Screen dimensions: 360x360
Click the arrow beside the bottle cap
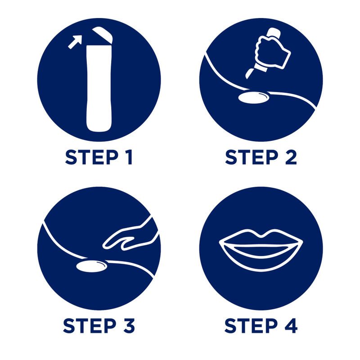[x=75, y=42]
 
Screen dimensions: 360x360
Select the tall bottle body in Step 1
[x=99, y=89]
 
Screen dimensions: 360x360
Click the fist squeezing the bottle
[x=273, y=52]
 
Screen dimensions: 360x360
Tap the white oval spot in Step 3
[x=91, y=266]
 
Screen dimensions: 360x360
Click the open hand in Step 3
[x=130, y=237]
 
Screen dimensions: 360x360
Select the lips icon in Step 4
[x=261, y=250]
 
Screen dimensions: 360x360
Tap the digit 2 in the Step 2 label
[x=291, y=157]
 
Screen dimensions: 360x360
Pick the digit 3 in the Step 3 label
[x=129, y=325]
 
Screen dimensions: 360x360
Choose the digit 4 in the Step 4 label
[x=291, y=325]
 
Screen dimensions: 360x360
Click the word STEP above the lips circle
[x=252, y=157]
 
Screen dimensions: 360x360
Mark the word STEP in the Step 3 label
[x=90, y=325]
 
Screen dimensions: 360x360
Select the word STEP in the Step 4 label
[x=251, y=325]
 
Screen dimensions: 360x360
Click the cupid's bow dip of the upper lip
[x=261, y=234]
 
